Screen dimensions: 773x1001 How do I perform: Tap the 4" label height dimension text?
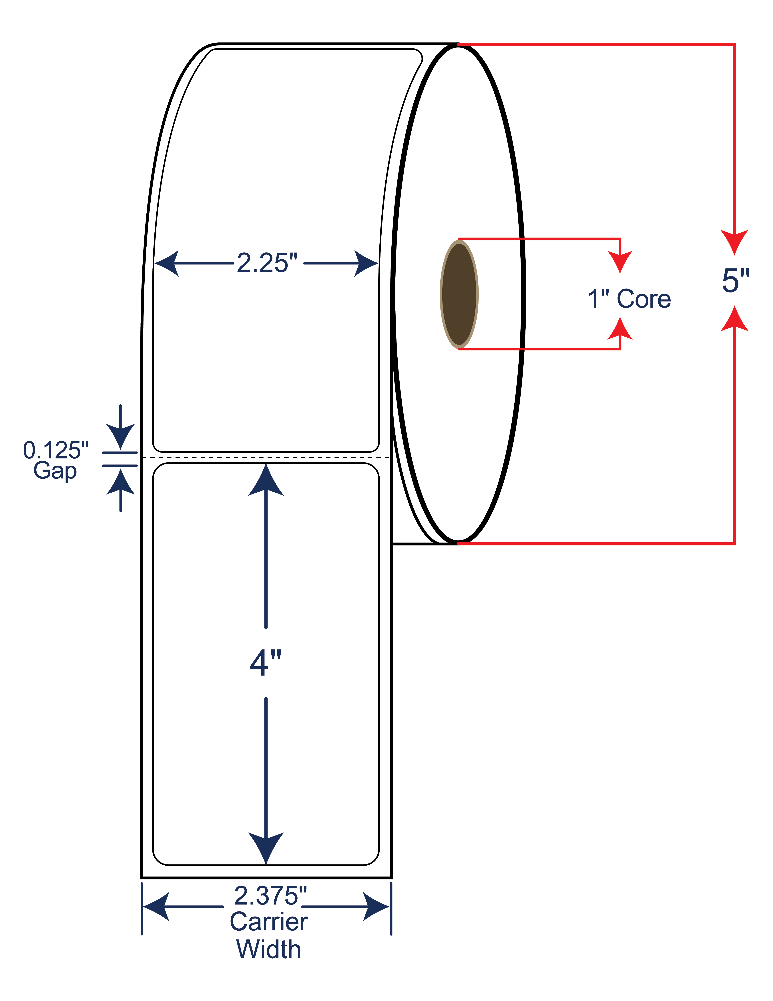pyautogui.click(x=266, y=663)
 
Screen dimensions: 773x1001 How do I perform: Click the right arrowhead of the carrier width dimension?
pyautogui.click(x=376, y=907)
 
